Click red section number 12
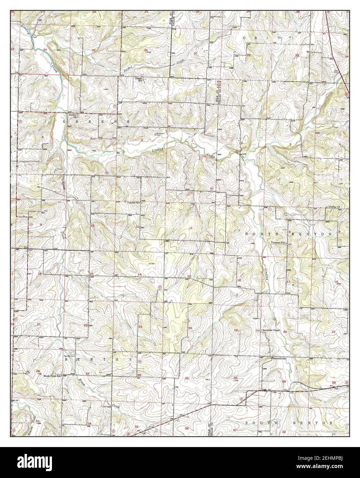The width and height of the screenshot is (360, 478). pos(190,228)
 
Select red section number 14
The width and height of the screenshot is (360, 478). pos(140,274)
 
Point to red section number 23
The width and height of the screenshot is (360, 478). pos(140,326)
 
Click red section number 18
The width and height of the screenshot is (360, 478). pos(239,280)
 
